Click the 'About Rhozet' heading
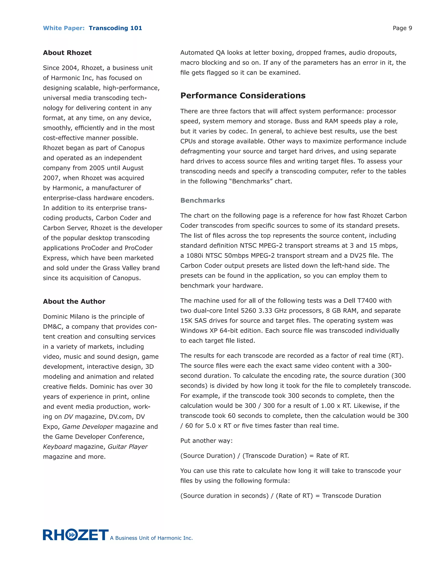pos(67,53)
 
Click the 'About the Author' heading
pos(74,301)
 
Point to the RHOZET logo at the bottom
pos(75,535)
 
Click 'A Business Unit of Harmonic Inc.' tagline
pos(151,538)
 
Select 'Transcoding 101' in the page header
pos(115,28)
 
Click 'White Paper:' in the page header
pos(64,28)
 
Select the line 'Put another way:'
pos(206,441)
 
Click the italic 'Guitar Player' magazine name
pos(127,447)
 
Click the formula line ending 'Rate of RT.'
pos(264,456)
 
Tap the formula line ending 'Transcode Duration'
pos(281,496)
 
